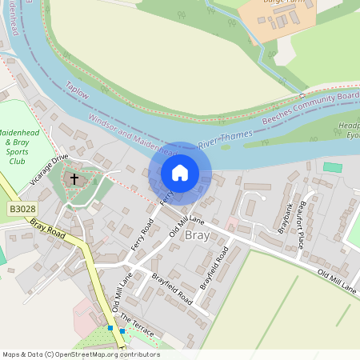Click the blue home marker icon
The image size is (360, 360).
coord(180,173)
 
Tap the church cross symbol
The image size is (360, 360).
coord(74,179)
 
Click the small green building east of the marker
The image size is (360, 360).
coord(332,167)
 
